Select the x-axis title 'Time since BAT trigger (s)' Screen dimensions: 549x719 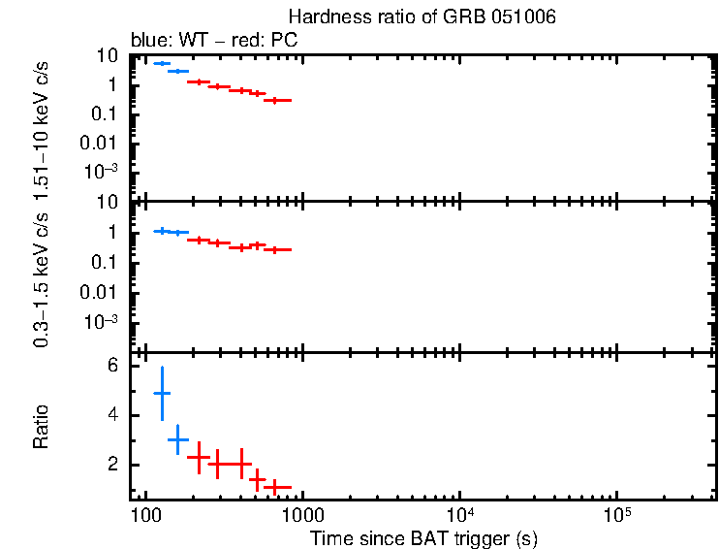click(x=423, y=537)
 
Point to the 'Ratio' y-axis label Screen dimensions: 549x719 click(x=42, y=427)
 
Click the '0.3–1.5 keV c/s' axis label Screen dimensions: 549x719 click(x=42, y=280)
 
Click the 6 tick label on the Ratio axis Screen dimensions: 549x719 click(x=112, y=366)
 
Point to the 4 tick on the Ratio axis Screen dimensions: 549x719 click(x=112, y=415)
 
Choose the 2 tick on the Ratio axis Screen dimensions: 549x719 click(x=112, y=465)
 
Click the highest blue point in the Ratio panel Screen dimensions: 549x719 click(x=162, y=393)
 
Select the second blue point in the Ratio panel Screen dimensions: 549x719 click(x=178, y=439)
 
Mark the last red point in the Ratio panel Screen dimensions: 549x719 click(x=276, y=486)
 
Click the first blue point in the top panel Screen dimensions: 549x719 click(x=162, y=63)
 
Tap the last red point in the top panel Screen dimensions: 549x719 click(x=276, y=100)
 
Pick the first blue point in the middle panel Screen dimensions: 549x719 click(x=162, y=230)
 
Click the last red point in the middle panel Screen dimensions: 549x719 click(x=276, y=249)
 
